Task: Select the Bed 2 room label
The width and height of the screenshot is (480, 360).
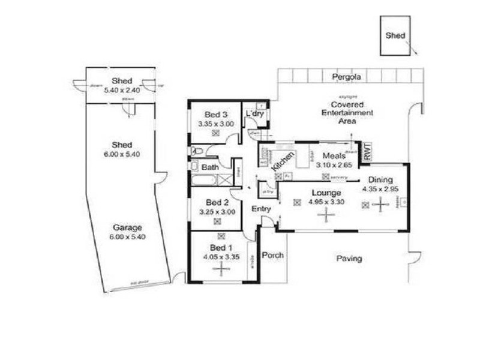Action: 217,202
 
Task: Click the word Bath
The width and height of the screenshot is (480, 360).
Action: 210,167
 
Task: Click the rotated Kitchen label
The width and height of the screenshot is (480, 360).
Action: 283,162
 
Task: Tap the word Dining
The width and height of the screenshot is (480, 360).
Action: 380,179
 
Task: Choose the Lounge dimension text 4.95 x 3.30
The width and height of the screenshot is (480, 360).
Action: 326,202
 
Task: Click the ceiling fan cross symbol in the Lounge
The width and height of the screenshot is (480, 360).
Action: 326,215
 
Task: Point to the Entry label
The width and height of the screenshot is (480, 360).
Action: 262,209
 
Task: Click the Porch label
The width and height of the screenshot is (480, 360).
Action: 272,256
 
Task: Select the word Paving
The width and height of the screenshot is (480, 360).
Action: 349,259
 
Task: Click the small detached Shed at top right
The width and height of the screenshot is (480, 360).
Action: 395,36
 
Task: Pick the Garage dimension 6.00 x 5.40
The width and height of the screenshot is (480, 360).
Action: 127,236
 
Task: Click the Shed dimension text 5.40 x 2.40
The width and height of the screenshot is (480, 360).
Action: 122,89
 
